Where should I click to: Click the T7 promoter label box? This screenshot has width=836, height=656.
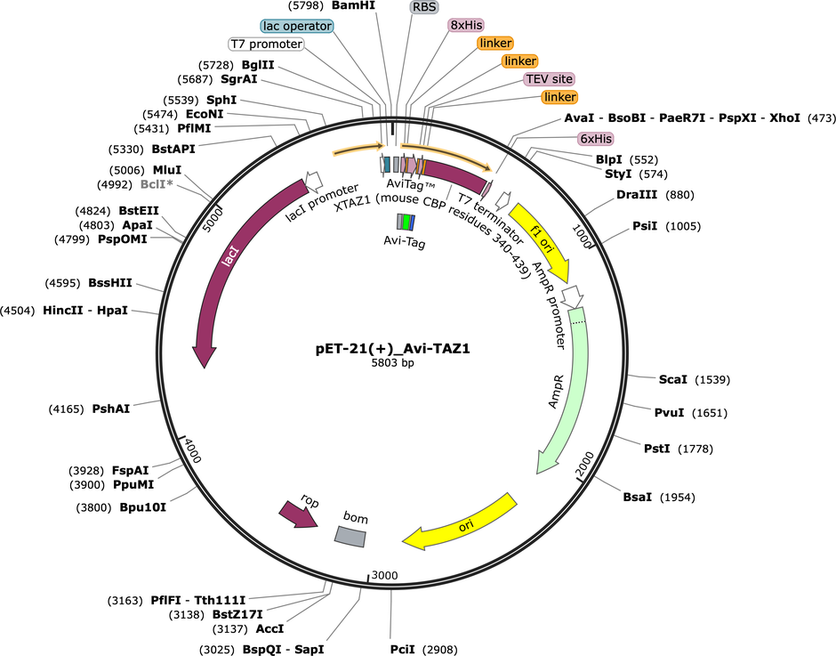pyautogui.click(x=266, y=44)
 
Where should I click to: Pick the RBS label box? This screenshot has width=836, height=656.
pyautogui.click(x=424, y=7)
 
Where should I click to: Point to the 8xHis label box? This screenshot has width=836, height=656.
pyautogui.click(x=465, y=26)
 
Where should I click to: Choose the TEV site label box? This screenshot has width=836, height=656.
pyautogui.click(x=548, y=78)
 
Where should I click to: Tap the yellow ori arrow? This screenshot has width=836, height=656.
pyautogui.click(x=462, y=525)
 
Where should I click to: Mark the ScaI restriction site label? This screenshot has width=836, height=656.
pyautogui.click(x=672, y=379)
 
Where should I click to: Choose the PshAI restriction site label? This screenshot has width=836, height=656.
pyautogui.click(x=110, y=409)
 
